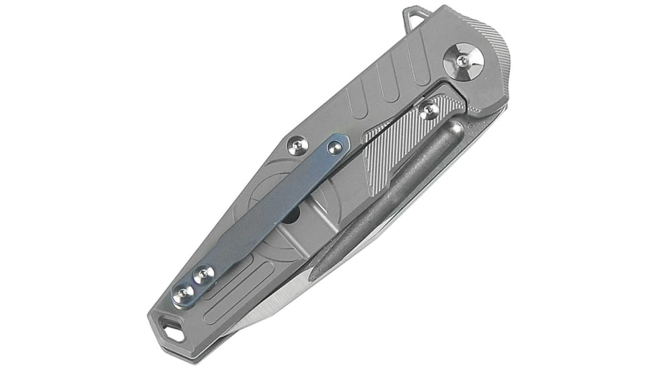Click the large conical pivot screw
(464, 61)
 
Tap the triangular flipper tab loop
(414, 17)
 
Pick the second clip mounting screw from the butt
(203, 274)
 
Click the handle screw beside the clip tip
(297, 145)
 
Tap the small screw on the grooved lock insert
(429, 110)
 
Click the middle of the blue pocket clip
(269, 209)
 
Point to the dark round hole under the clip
(294, 217)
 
